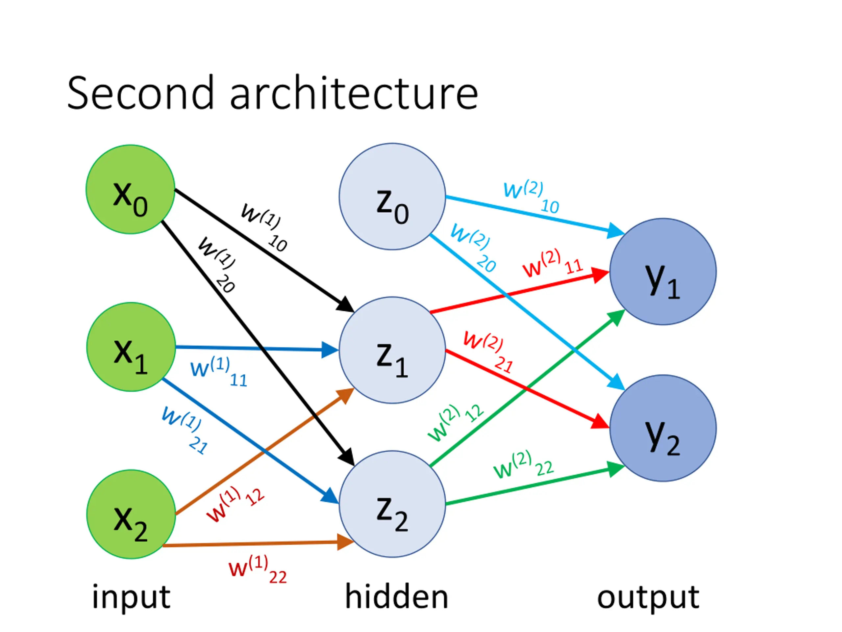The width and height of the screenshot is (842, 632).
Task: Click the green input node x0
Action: (130, 189)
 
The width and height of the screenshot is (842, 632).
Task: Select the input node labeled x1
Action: (131, 347)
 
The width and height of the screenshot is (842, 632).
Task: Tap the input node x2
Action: (131, 514)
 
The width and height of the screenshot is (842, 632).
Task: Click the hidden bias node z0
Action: (392, 197)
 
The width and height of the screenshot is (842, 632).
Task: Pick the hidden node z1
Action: (392, 350)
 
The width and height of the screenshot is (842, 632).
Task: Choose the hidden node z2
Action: (392, 504)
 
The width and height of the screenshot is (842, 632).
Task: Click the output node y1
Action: (663, 272)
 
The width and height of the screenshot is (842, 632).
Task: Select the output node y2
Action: (663, 428)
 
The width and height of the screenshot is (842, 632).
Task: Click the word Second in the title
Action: (140, 92)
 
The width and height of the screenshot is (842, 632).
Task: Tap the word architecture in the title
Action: (354, 92)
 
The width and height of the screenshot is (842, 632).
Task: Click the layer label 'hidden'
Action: (397, 596)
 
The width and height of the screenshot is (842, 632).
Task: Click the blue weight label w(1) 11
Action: (219, 371)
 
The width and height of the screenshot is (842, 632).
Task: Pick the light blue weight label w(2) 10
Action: (532, 197)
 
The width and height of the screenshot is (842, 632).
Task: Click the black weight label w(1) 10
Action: (264, 227)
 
